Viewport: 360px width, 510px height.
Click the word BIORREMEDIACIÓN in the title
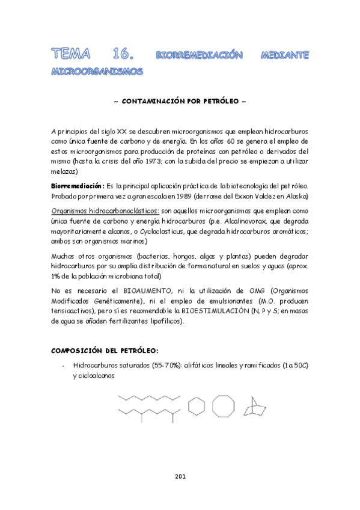click(x=198, y=56)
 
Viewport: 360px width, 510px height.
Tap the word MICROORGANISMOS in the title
click(x=98, y=72)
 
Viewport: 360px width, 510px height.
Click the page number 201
click(x=180, y=476)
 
